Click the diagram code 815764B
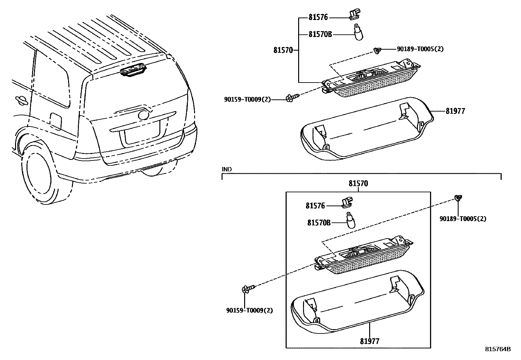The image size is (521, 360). (497, 349)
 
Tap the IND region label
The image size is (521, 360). (226, 169)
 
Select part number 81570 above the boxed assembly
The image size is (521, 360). (358, 184)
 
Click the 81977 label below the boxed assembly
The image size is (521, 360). (369, 341)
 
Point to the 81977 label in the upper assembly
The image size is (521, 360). (455, 111)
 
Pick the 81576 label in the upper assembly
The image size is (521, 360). (318, 17)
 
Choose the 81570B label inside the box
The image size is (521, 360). (319, 223)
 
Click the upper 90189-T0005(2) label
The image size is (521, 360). (420, 49)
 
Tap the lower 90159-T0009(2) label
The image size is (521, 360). (249, 310)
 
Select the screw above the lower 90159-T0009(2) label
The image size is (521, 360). (249, 289)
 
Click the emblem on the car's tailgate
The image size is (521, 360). (143, 115)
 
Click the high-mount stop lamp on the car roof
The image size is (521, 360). (133, 71)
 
